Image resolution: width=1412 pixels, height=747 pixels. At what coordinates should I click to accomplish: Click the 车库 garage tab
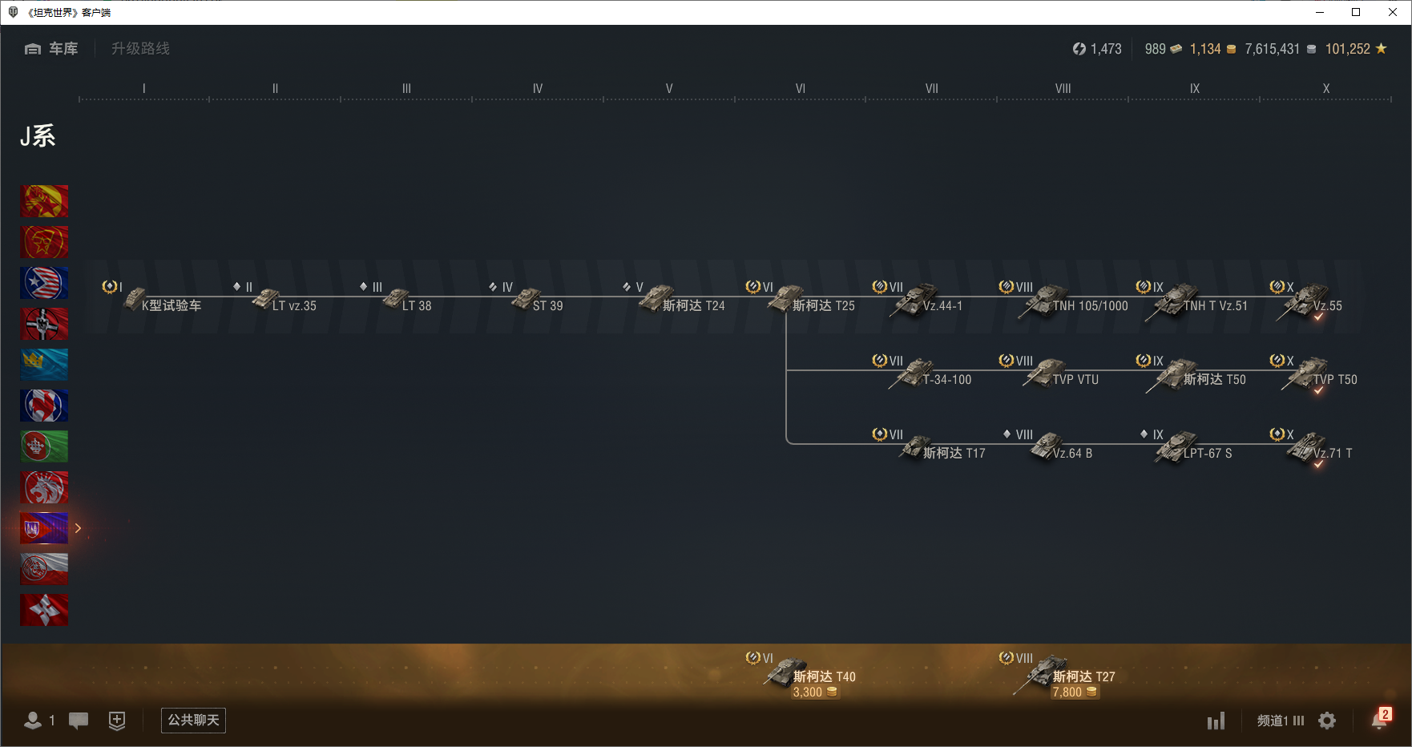coord(51,49)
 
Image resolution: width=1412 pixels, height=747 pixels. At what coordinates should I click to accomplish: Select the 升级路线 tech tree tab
coord(140,49)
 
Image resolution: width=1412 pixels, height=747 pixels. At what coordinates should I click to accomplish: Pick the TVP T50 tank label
coord(1335,380)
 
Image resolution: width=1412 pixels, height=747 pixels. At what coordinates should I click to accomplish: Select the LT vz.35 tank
coord(284,300)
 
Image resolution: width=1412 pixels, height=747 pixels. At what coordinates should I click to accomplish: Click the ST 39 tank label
coord(547,306)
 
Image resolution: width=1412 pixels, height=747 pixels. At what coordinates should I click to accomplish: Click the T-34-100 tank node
coord(930,374)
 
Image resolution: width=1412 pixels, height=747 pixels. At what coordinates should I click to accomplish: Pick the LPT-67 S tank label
coord(1208,454)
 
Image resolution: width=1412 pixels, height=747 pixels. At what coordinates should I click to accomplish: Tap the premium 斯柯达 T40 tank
coord(809,673)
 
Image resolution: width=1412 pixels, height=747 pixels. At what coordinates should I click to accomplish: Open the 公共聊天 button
coord(193,721)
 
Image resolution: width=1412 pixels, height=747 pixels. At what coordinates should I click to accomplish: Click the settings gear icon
coord(1327,721)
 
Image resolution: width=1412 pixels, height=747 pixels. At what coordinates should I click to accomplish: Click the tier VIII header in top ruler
coord(1063,89)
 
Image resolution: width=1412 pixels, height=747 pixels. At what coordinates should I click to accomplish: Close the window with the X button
coord(1393,12)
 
